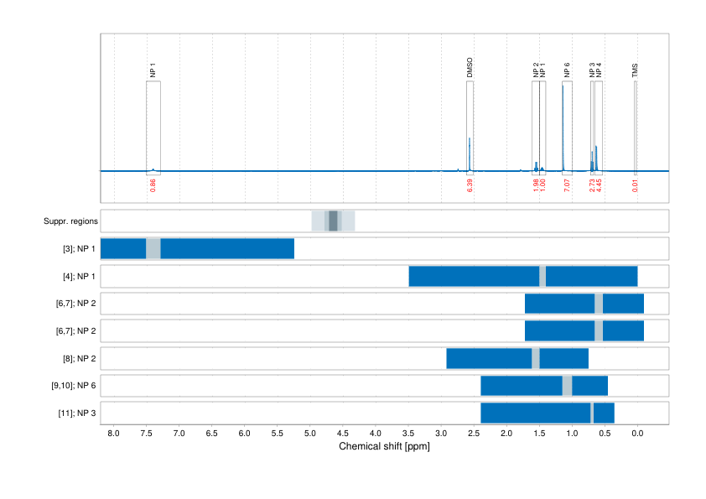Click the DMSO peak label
coord(470,68)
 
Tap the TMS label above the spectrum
coord(636,71)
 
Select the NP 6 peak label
coord(568,70)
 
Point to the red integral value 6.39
coord(470,185)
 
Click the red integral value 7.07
coord(568,185)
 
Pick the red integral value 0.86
coord(153,185)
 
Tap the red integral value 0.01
coord(636,185)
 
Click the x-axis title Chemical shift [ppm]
coord(384,447)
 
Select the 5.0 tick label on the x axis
coord(309,434)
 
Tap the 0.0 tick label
coord(637,434)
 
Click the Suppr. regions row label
coord(71,221)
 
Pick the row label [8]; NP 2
coord(77,359)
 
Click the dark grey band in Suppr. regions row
coord(333,221)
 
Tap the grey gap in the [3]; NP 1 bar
coord(153,249)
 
